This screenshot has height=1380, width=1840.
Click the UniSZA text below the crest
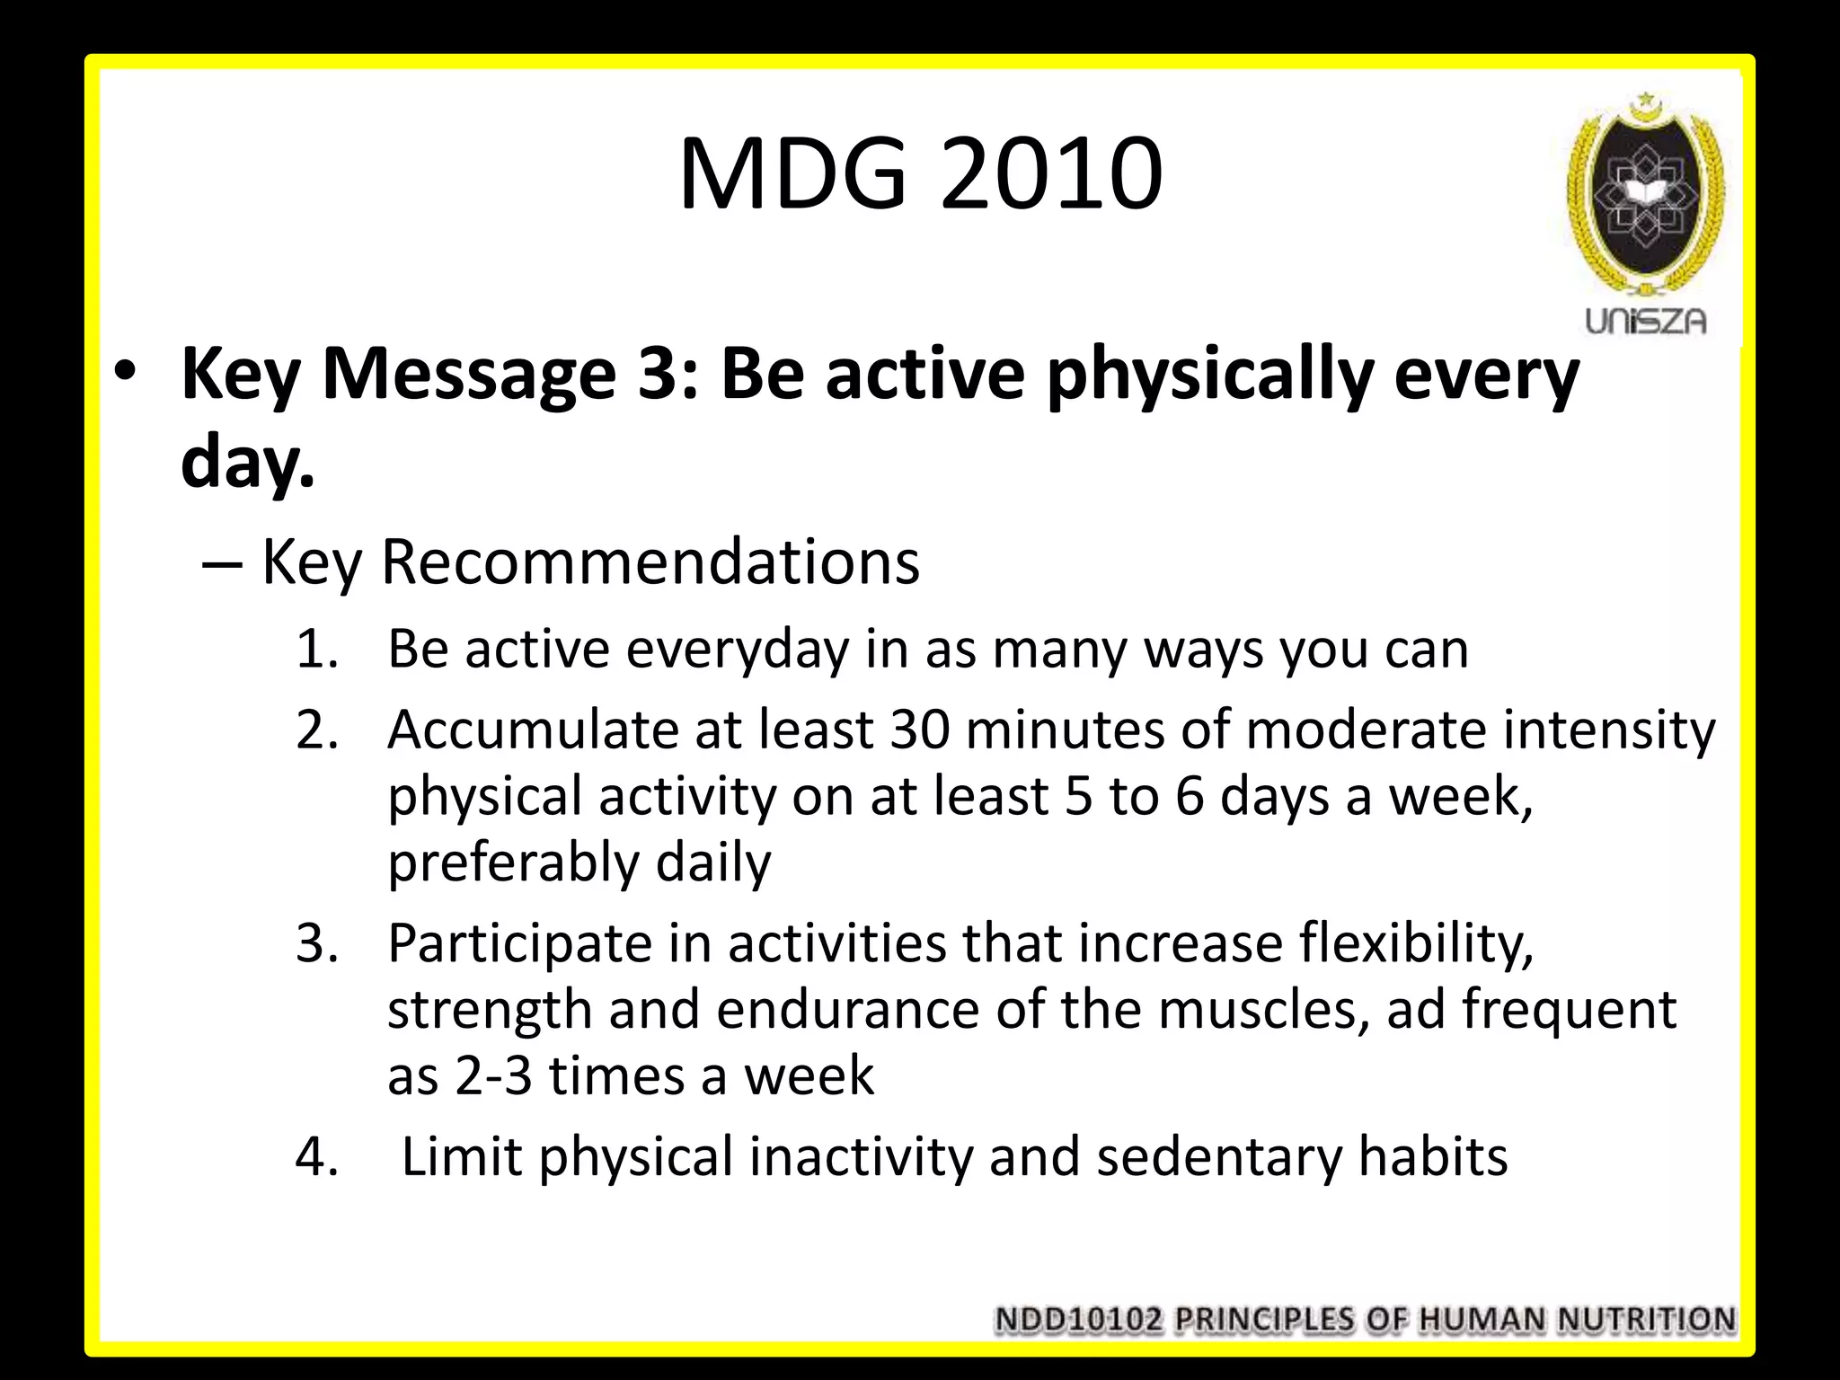(x=1644, y=322)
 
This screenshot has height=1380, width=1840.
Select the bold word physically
(x=1209, y=376)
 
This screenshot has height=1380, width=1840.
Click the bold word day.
(x=247, y=464)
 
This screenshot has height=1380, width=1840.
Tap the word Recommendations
(x=650, y=562)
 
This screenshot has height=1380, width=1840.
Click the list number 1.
(x=316, y=649)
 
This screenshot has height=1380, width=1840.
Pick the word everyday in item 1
(x=737, y=649)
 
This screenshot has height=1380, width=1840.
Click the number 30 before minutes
(x=919, y=729)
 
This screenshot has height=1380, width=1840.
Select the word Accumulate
(x=532, y=729)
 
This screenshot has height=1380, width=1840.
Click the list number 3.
(x=316, y=943)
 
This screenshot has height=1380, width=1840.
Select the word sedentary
(x=1218, y=1156)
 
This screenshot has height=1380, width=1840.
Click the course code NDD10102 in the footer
(x=1078, y=1320)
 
